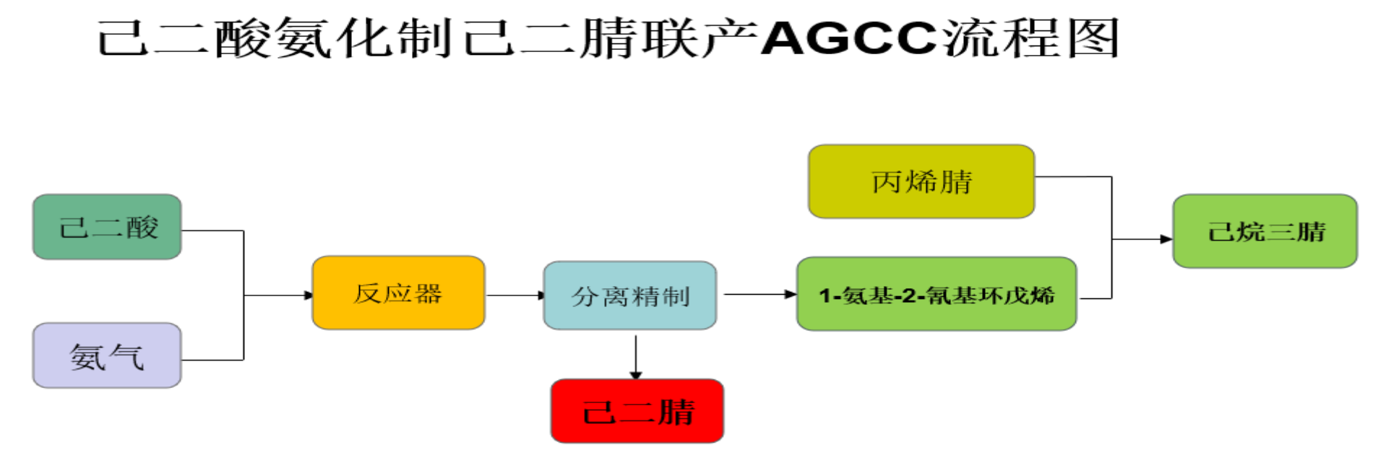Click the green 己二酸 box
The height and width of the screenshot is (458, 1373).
(107, 227)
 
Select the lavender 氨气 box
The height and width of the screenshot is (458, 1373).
(107, 355)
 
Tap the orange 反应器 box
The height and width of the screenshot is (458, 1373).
(398, 293)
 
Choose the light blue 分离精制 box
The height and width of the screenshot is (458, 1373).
(630, 295)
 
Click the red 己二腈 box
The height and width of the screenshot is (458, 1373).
(637, 411)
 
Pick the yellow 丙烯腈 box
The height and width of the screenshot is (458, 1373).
(921, 181)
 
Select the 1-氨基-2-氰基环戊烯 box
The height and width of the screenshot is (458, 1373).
(937, 294)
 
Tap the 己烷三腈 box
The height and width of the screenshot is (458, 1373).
(1265, 231)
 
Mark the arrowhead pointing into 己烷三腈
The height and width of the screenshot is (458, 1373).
(1165, 238)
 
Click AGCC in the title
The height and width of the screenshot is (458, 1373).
(849, 38)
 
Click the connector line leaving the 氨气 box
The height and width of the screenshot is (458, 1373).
(212, 360)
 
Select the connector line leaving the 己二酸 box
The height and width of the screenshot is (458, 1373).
(212, 231)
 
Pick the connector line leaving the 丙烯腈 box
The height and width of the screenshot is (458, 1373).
(1073, 176)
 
